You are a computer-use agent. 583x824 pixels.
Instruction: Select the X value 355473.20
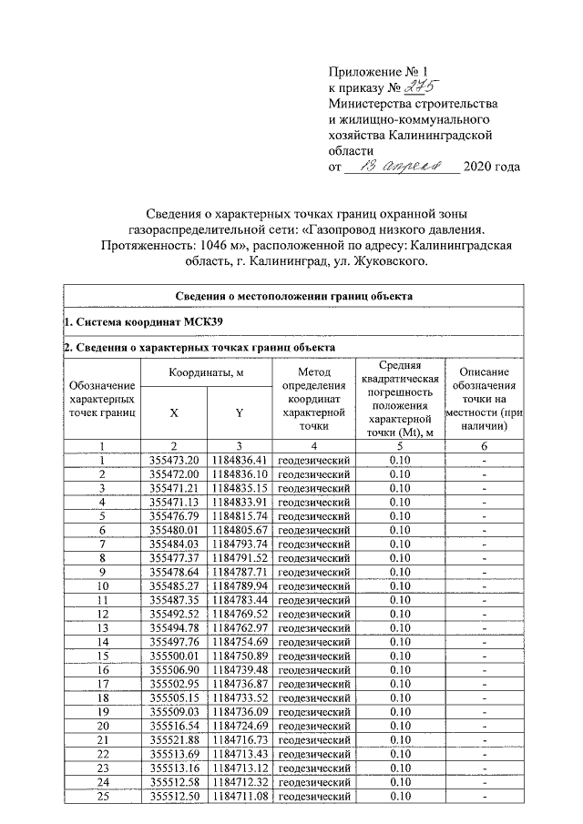pyautogui.click(x=173, y=460)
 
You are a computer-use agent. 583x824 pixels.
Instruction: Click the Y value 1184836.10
pyautogui.click(x=240, y=474)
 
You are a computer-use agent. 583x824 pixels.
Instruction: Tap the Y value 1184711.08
pyautogui.click(x=240, y=797)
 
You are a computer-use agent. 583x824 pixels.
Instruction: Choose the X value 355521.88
pyautogui.click(x=173, y=741)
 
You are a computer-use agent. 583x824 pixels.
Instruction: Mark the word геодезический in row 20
pyautogui.click(x=312, y=727)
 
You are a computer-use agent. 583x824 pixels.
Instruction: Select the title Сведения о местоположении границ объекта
pyautogui.click(x=293, y=296)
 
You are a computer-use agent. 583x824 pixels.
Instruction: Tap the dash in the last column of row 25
pyautogui.click(x=485, y=797)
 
